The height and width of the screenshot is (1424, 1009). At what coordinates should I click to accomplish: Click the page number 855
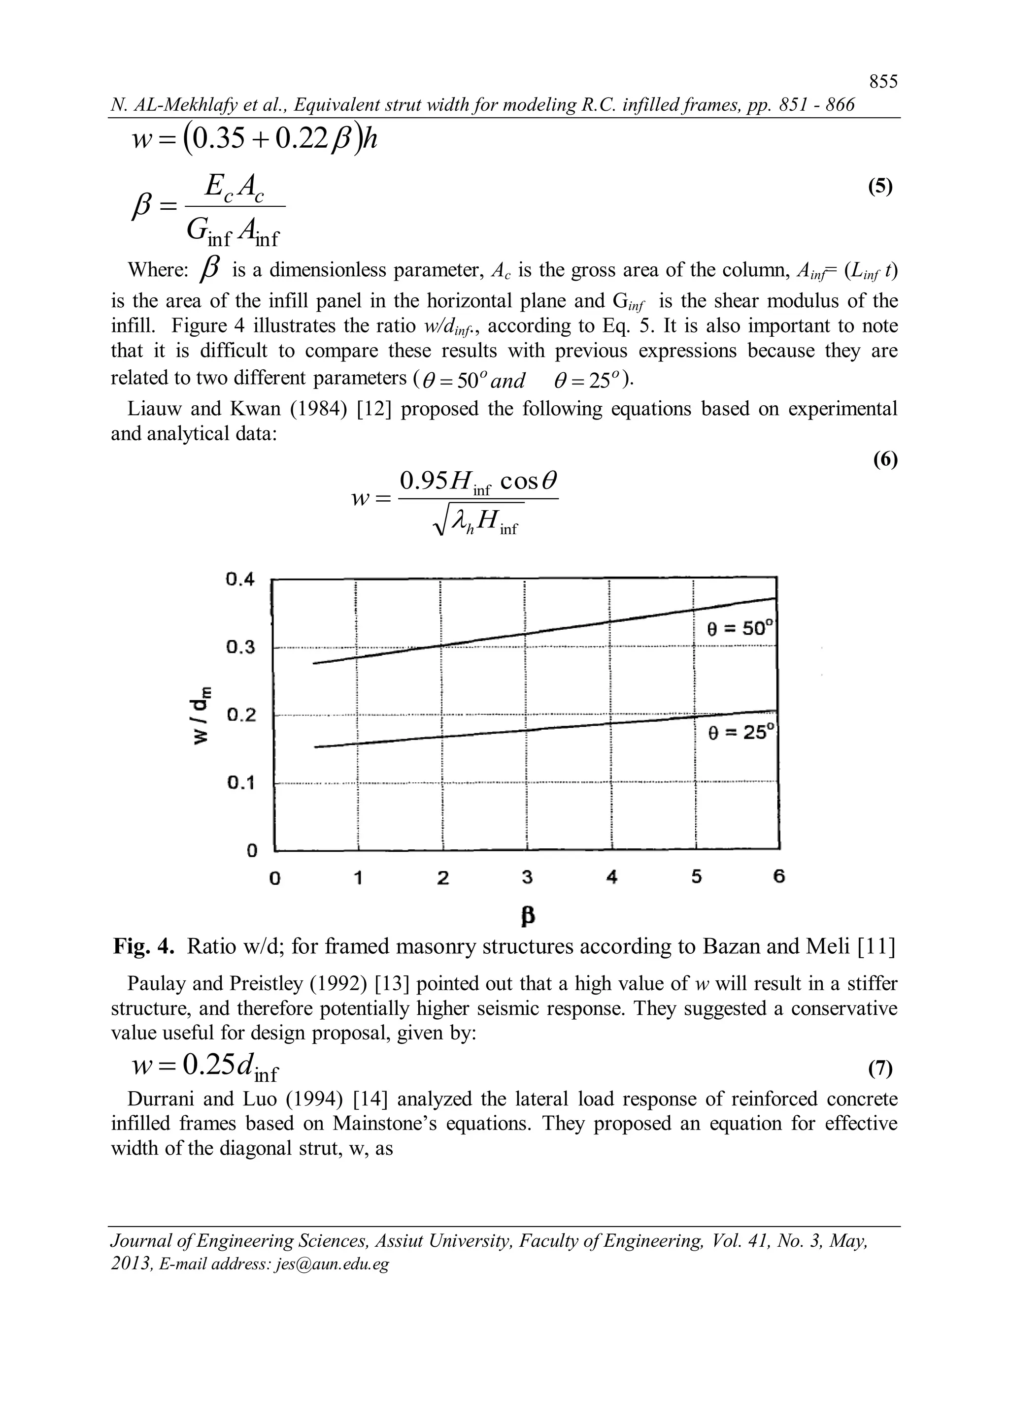883,82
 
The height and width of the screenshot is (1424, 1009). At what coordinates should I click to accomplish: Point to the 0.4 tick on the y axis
240,580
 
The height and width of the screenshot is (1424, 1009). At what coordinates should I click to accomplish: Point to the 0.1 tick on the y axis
240,782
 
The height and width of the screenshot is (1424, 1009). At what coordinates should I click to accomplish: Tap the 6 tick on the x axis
779,876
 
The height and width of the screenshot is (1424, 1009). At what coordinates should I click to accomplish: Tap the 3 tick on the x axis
527,877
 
